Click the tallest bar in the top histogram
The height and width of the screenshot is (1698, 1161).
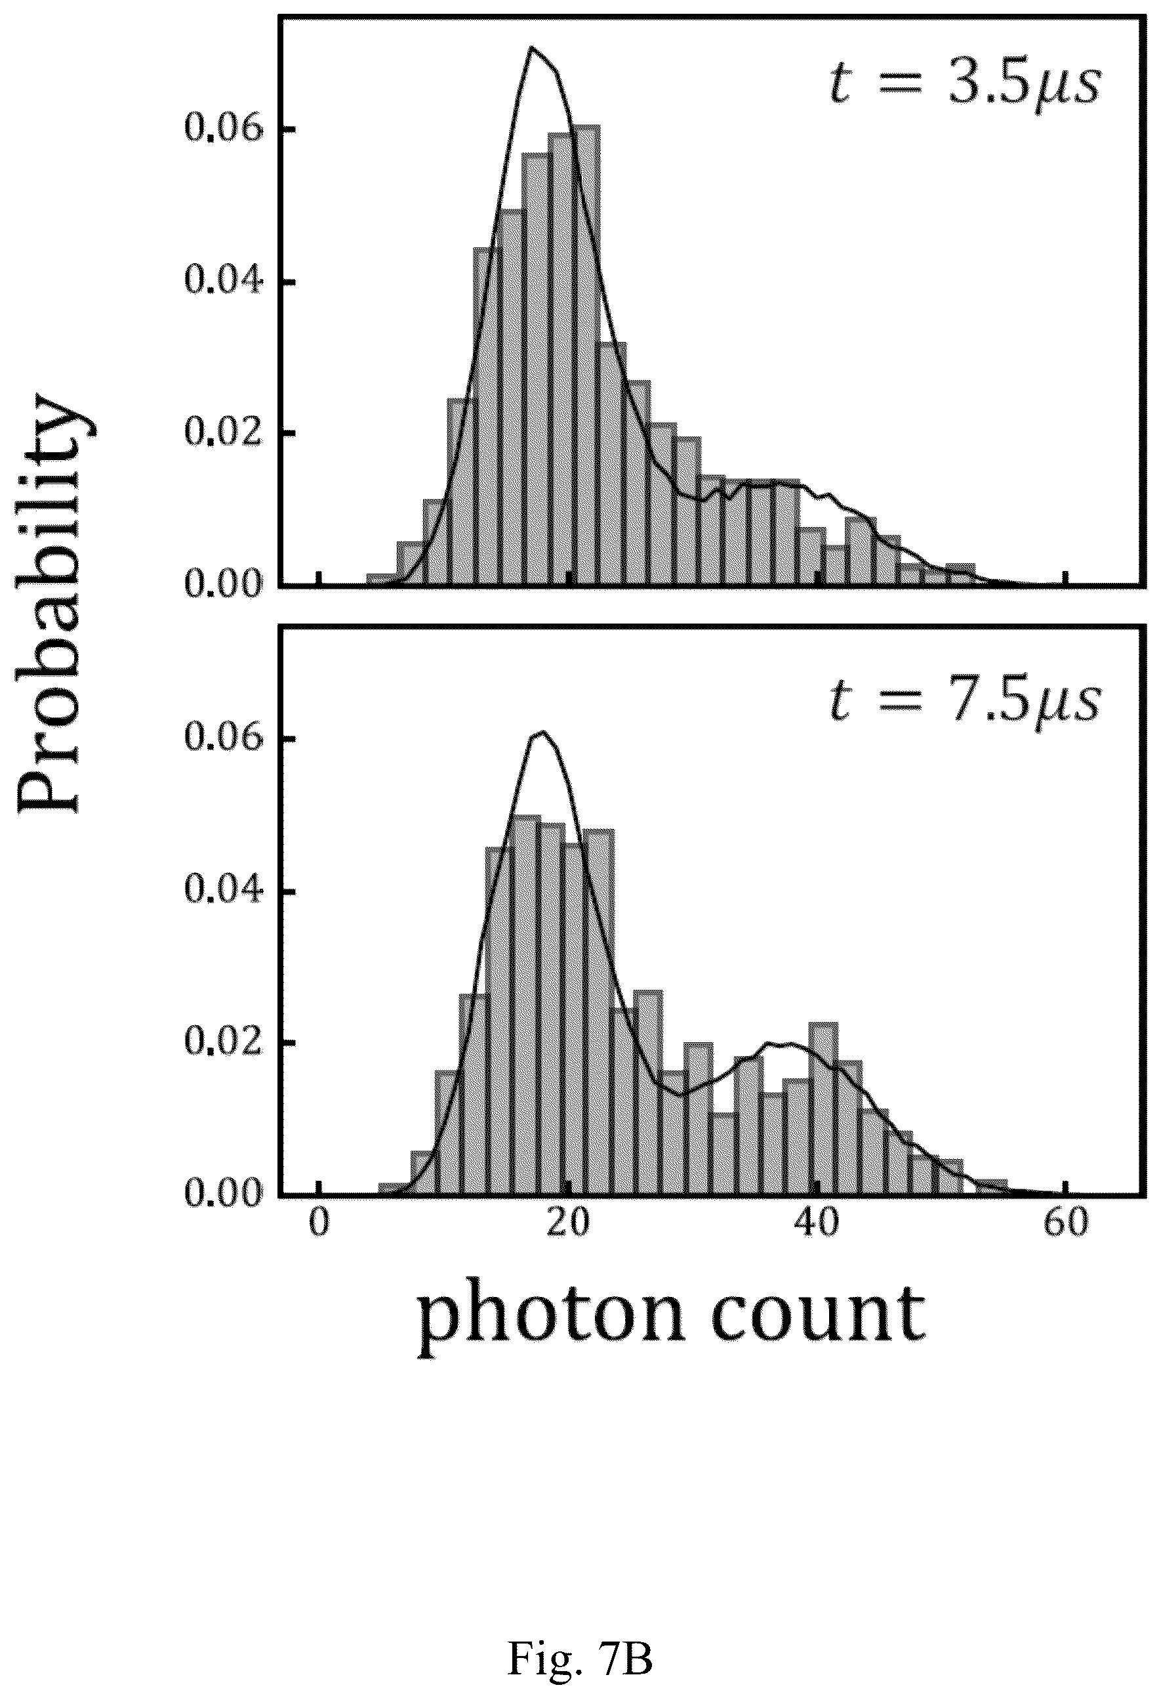[587, 355]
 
